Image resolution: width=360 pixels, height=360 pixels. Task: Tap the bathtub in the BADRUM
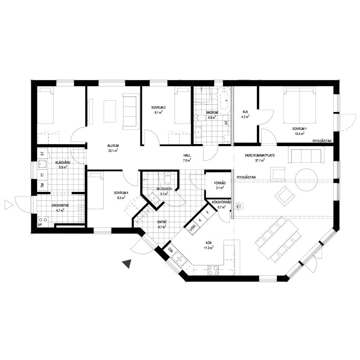click(224, 100)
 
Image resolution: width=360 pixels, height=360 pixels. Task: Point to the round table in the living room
click(306, 179)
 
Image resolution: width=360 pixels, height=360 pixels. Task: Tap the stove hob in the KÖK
click(213, 270)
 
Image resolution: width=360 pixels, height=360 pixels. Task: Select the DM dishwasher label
click(170, 249)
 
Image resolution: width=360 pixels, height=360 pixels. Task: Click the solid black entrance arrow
click(127, 264)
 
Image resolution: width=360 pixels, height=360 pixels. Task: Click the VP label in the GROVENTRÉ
click(40, 225)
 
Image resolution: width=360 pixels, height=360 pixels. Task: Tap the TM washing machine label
click(42, 185)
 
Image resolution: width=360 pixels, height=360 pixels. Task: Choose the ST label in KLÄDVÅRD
click(42, 153)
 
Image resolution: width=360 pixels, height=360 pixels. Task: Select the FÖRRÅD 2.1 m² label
click(220, 185)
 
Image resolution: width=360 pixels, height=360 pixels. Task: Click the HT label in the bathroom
click(226, 123)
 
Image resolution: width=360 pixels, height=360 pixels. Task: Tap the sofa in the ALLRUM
click(131, 111)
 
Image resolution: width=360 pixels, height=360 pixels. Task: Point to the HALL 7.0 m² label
click(187, 158)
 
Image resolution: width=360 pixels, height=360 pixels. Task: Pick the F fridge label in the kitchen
click(208, 212)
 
